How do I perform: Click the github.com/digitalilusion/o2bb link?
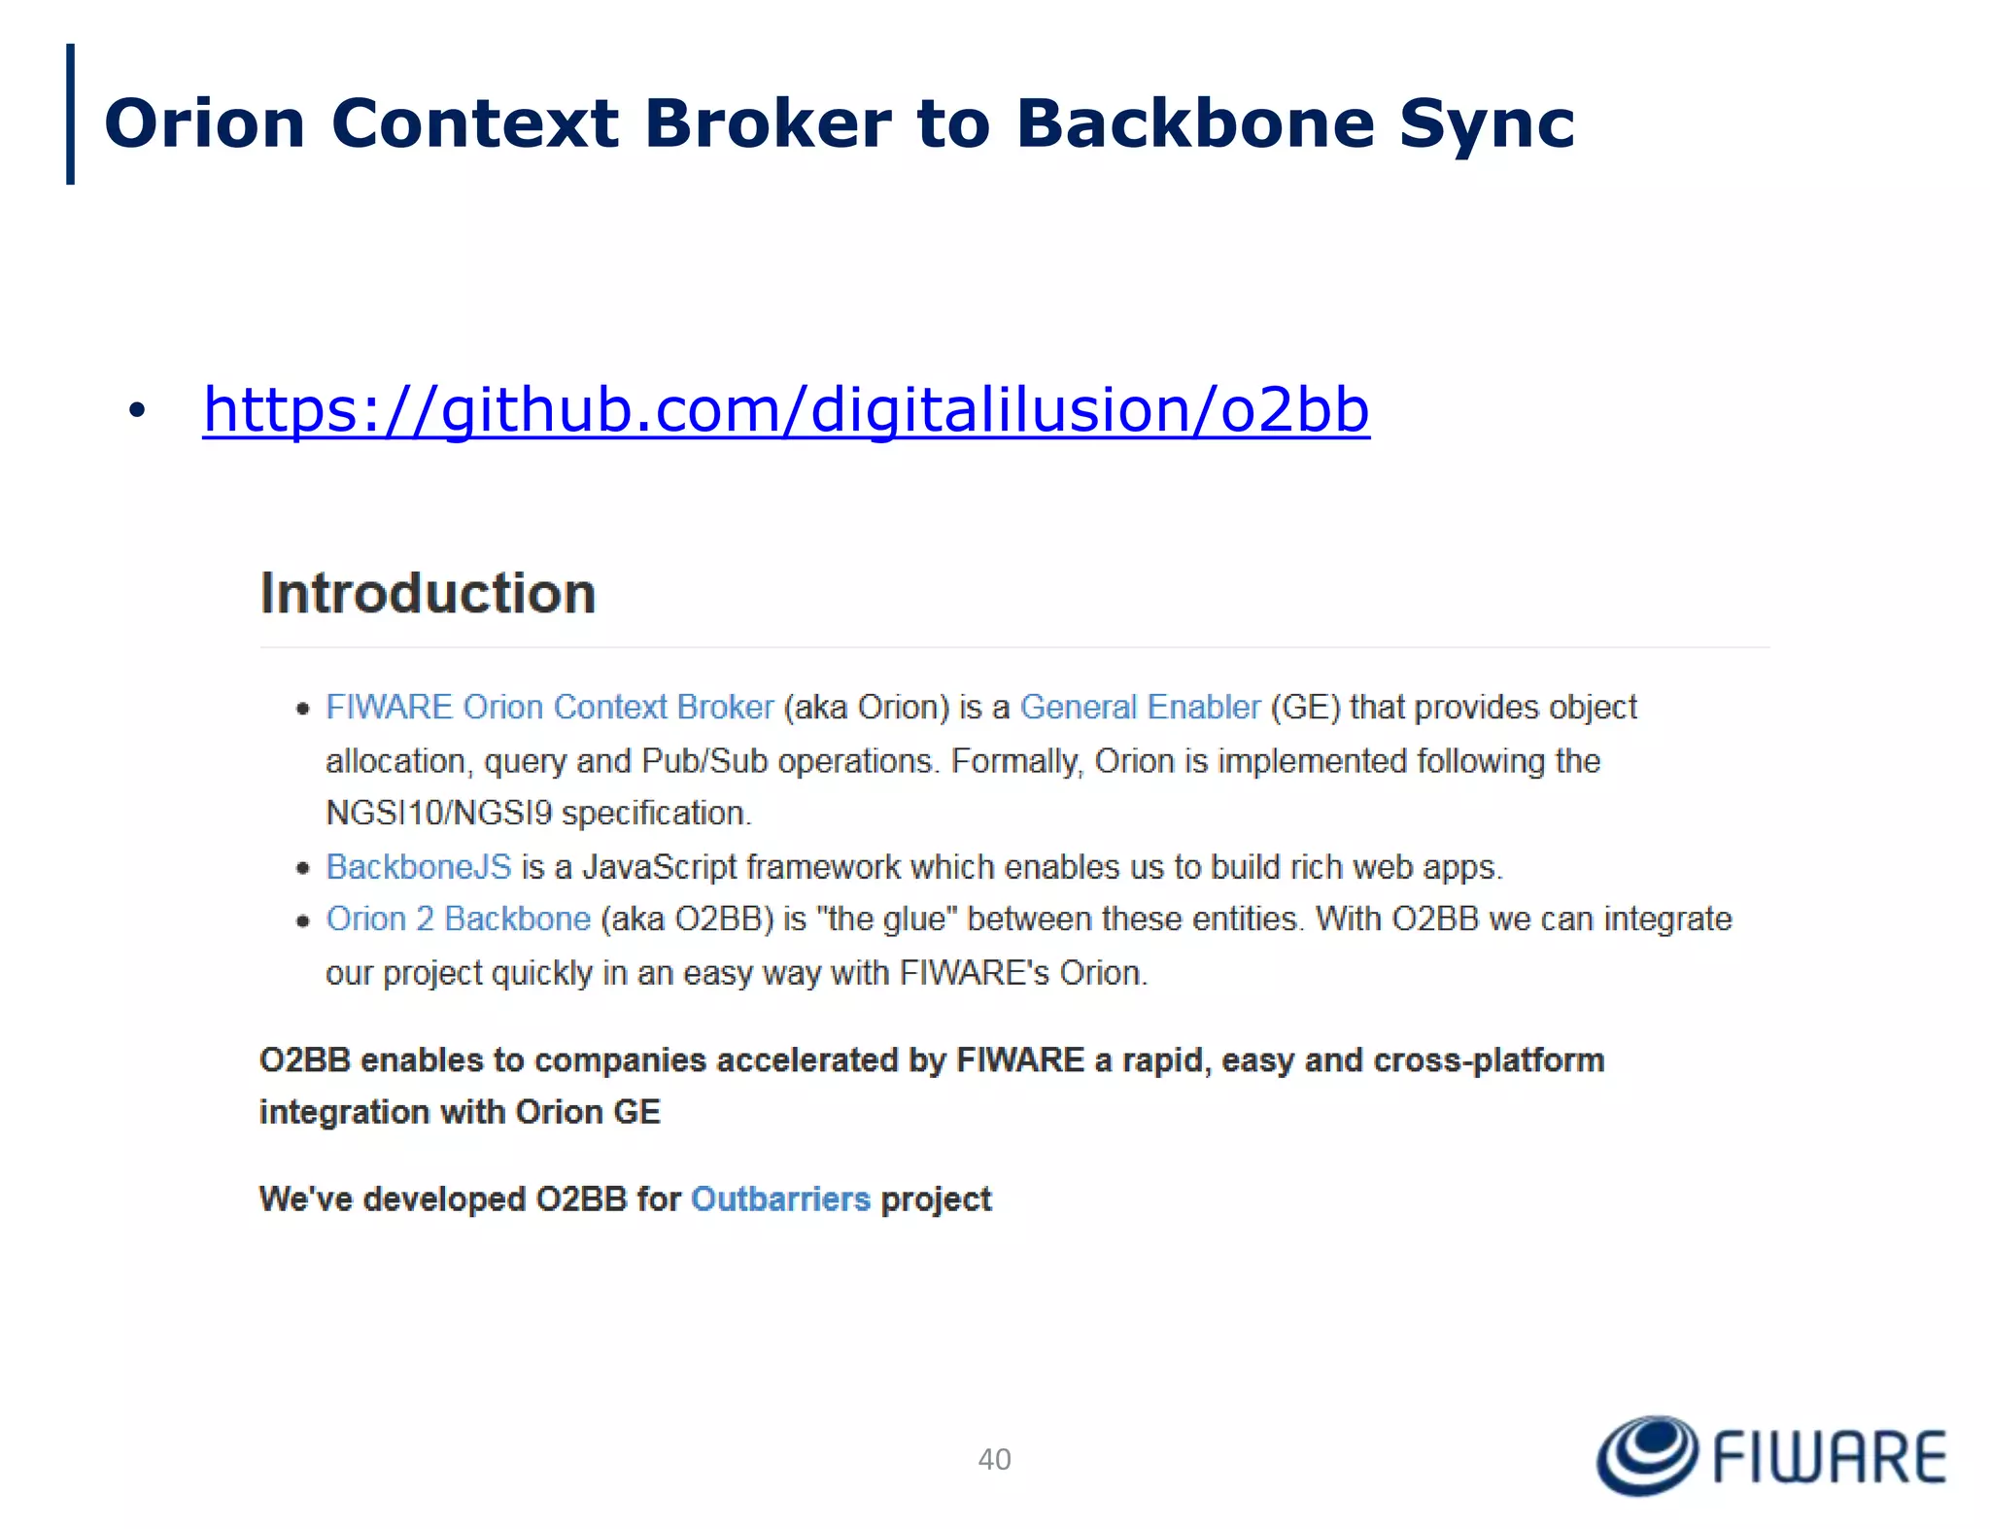click(x=785, y=410)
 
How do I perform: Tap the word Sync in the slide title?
click(x=1486, y=124)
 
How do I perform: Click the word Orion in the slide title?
click(x=205, y=124)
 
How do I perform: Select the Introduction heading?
click(x=428, y=593)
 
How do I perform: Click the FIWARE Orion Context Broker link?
click(x=549, y=707)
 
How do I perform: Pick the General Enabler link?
click(x=1140, y=707)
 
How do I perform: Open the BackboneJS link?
click(x=418, y=866)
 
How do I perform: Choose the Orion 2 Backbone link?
click(x=458, y=919)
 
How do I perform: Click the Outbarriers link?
click(x=780, y=1199)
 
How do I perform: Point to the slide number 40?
click(x=994, y=1459)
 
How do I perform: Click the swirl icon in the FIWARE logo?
click(x=1646, y=1455)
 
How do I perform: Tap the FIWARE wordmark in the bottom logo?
click(x=1830, y=1457)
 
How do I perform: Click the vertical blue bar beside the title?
click(x=70, y=114)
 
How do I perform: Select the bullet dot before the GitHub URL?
click(x=137, y=411)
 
